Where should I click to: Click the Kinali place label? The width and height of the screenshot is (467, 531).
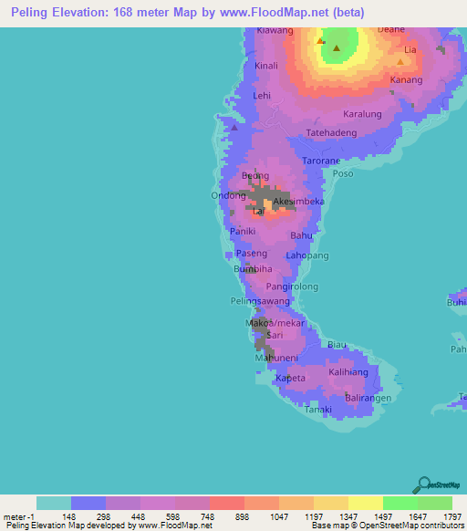[x=266, y=66]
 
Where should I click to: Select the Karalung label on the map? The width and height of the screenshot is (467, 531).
[x=361, y=115]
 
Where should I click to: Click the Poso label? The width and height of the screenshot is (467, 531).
[x=343, y=173]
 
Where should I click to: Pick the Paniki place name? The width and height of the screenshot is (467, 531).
[x=244, y=232]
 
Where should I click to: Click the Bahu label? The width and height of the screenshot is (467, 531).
[x=301, y=235]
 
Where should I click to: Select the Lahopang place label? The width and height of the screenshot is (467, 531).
[x=307, y=256]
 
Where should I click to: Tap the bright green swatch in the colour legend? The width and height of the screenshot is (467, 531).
[x=400, y=503]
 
